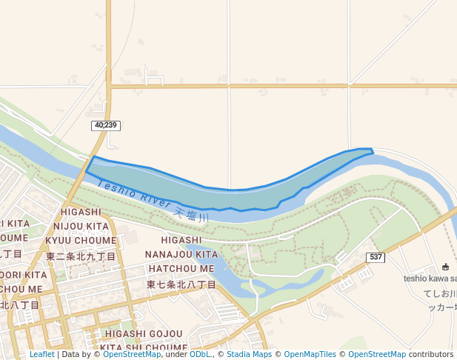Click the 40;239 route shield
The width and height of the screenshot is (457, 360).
(x=106, y=126)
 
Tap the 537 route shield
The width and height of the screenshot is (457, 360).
(x=376, y=257)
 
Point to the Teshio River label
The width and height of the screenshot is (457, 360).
(x=133, y=193)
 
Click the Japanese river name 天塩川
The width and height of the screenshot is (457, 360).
(x=192, y=214)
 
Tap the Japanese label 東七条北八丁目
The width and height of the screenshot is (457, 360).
(x=181, y=284)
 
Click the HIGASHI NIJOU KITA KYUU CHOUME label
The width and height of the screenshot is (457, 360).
(x=81, y=226)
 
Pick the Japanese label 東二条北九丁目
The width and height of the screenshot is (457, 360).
(x=81, y=256)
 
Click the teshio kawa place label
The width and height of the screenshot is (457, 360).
(x=430, y=279)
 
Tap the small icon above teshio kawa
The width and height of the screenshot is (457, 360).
(x=444, y=267)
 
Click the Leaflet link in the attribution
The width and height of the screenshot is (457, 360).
(x=41, y=355)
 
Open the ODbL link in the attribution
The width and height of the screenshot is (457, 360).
(x=200, y=355)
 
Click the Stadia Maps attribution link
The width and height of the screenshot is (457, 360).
(x=249, y=355)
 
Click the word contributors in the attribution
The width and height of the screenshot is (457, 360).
(x=431, y=355)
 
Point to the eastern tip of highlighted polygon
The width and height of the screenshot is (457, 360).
(x=372, y=152)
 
